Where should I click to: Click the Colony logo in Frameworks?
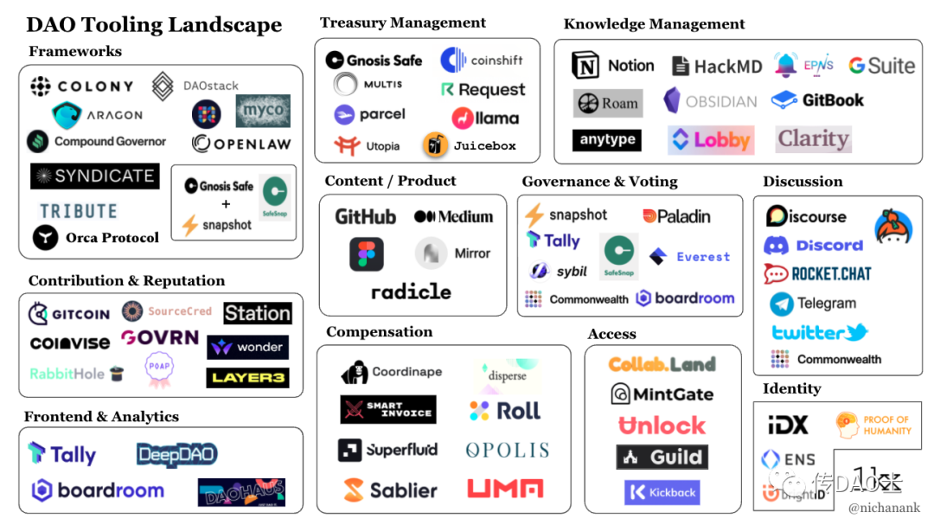point(82,86)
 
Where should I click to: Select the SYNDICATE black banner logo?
point(94,176)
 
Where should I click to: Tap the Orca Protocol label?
point(96,238)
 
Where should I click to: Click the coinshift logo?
point(482,61)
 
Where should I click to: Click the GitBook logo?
point(817,100)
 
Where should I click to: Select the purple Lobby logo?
point(710,139)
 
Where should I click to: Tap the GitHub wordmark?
point(365,217)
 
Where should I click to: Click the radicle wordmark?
point(411,291)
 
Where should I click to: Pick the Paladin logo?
point(676,215)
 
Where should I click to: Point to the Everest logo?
point(690,257)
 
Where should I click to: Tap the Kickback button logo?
point(662,492)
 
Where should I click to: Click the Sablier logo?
point(390,490)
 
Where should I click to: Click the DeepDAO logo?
point(176,454)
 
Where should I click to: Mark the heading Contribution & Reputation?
point(126,281)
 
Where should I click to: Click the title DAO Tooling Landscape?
point(154,24)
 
